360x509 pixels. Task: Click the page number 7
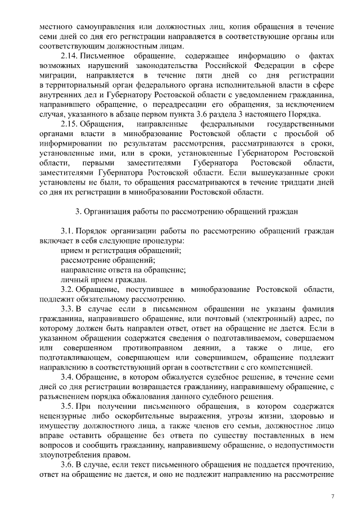[x=332, y=496]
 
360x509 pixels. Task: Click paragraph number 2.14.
[x=69, y=57]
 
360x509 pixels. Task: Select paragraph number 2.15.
[x=69, y=123]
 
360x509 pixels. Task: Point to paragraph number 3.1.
[x=67, y=231]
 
